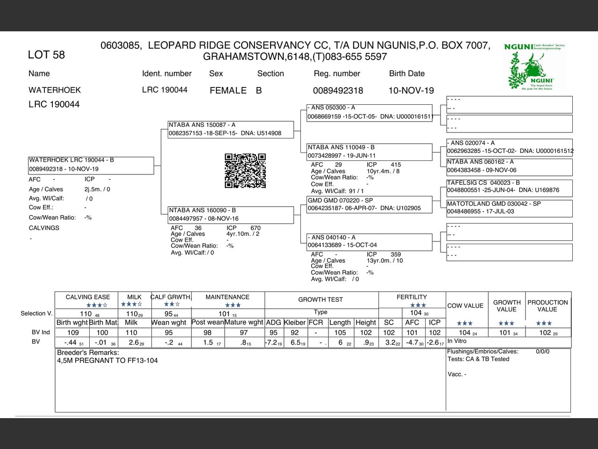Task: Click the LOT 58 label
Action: [46, 55]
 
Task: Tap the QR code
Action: [245, 171]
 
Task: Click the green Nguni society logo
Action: [534, 67]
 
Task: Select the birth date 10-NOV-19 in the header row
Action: [411, 90]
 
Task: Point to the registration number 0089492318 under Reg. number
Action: [338, 90]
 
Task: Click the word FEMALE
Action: [228, 90]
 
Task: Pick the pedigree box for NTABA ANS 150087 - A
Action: [231, 130]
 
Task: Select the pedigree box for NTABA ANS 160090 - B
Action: [231, 215]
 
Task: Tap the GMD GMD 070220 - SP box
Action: [369, 204]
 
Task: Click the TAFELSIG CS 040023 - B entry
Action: [509, 187]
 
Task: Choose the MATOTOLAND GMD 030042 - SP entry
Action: [509, 208]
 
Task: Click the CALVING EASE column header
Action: [88, 297]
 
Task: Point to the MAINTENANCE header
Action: [228, 297]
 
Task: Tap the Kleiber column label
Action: [294, 322]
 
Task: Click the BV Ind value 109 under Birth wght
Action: [73, 333]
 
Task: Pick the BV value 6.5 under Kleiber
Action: [296, 342]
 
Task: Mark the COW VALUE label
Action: [465, 306]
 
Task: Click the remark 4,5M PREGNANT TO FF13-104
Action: [107, 361]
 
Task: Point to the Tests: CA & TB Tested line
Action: [478, 359]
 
